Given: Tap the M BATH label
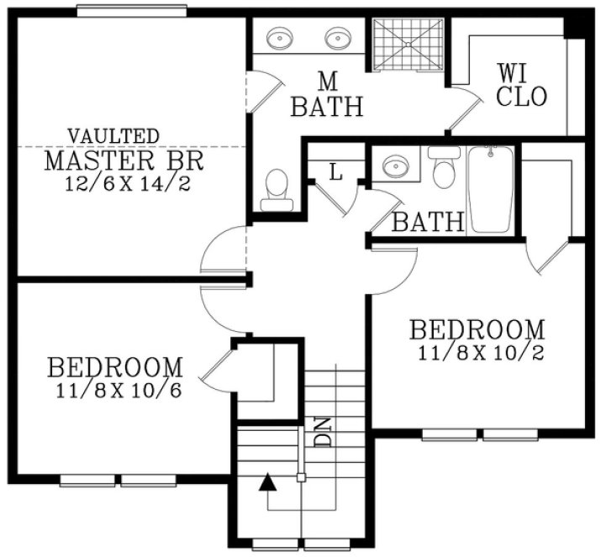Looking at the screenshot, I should click(328, 95).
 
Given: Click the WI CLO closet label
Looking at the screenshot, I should click(521, 85).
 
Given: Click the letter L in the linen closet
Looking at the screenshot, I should click(335, 173).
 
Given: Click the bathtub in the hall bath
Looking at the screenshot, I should click(492, 189).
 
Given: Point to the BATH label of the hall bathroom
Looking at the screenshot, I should click(429, 222).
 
